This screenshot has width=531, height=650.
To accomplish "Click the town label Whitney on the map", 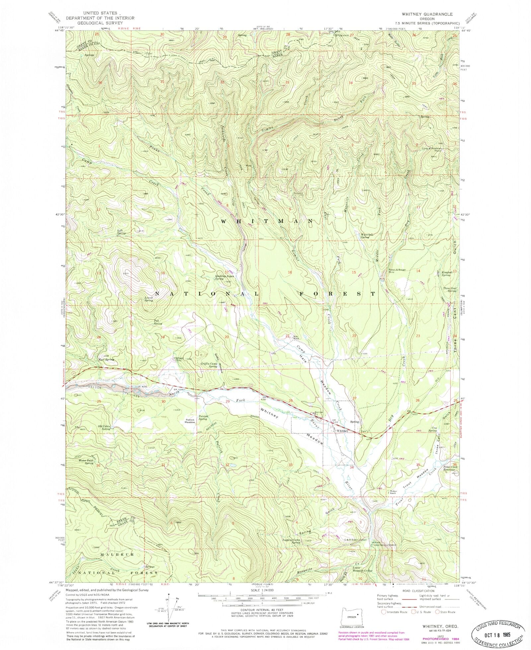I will pyautogui.click(x=342, y=431).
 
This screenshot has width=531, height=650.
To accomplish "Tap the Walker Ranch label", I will pyautogui.click(x=393, y=492).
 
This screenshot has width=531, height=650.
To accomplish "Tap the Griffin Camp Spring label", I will pyautogui.click(x=209, y=365).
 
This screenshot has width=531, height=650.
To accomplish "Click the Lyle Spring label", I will pyautogui.click(x=121, y=232).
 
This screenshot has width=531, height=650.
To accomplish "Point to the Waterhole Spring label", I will pyautogui.click(x=367, y=236).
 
